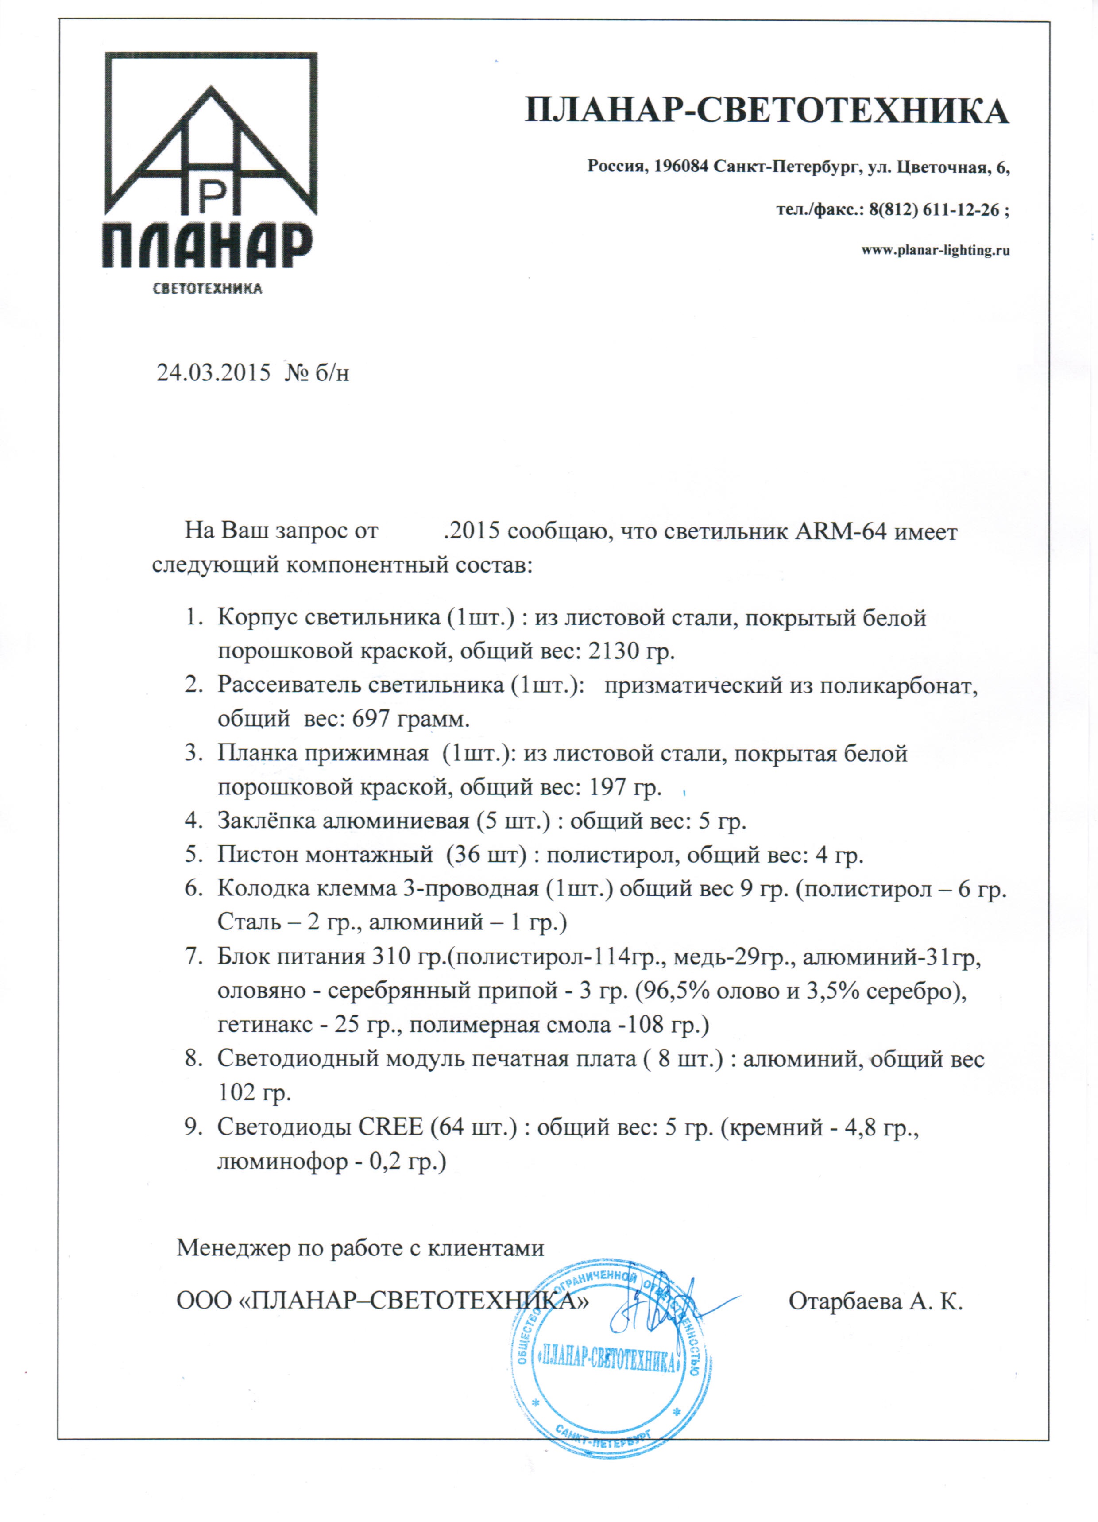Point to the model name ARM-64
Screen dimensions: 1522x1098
point(842,531)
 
